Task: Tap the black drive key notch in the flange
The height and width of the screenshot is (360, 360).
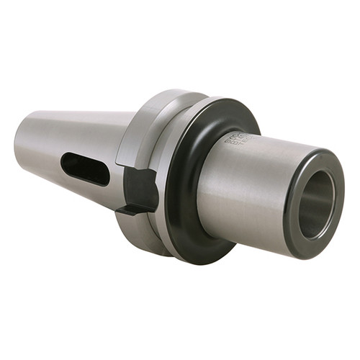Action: [140, 189]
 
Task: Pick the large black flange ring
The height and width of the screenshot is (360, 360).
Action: [189, 216]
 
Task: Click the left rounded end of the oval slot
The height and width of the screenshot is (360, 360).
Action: [66, 165]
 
